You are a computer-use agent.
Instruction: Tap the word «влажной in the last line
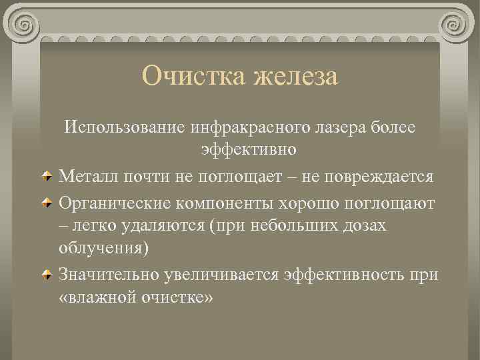pos(97,297)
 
